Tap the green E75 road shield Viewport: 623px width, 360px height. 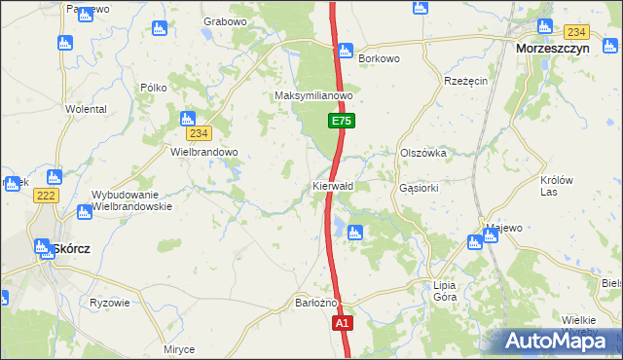[x=340, y=121]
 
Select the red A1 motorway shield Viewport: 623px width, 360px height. [x=342, y=323]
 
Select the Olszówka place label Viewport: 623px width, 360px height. [x=422, y=153]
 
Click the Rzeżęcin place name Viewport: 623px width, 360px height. [x=465, y=81]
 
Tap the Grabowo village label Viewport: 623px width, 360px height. [x=225, y=20]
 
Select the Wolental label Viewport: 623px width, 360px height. [x=86, y=109]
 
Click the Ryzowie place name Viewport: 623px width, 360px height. [x=110, y=303]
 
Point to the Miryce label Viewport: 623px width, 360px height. [x=179, y=349]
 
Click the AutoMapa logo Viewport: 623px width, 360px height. [x=561, y=342]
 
